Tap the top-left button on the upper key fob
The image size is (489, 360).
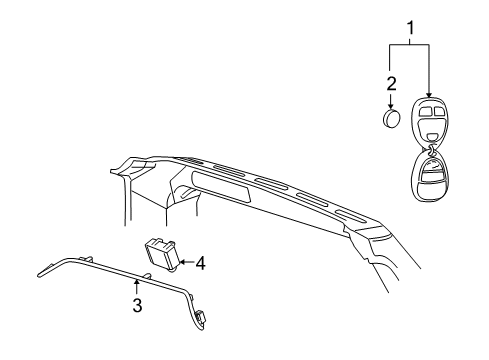pos(423,111)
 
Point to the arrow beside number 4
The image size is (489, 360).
pos(186,263)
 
